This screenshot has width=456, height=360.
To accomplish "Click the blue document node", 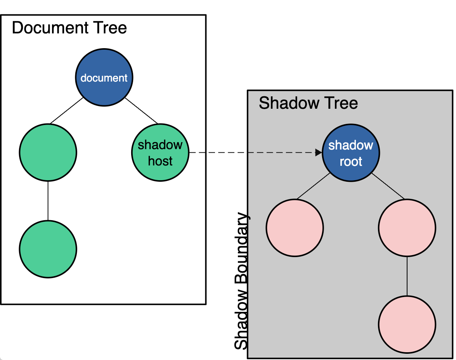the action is [104, 77].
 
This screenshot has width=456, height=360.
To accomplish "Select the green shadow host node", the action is [160, 153].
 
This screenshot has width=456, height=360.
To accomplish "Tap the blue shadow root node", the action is [351, 153].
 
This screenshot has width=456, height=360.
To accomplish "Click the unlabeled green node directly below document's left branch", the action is [48, 153].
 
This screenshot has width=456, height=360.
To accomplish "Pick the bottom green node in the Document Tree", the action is [48, 249].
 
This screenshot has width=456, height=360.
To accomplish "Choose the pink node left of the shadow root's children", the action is [295, 228].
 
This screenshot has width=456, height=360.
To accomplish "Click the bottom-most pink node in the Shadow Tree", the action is [407, 325].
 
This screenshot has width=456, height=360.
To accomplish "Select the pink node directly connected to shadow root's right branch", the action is [407, 228].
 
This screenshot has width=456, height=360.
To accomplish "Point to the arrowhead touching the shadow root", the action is [319, 153].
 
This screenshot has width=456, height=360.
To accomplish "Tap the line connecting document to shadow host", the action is [141, 111].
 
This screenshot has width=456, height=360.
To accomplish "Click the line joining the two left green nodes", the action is [48, 201].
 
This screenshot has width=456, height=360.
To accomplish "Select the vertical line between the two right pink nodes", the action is [407, 276].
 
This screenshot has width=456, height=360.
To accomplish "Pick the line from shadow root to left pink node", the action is [314, 186].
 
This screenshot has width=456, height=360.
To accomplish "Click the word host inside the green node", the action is [160, 161].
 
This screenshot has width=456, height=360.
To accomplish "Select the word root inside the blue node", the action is [351, 162].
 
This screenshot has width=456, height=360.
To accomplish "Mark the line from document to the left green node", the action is [67, 111].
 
